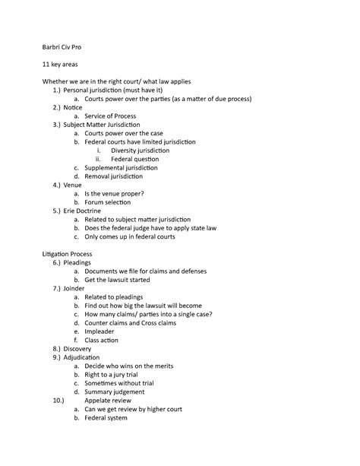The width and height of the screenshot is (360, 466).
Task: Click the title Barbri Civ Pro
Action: click(x=65, y=48)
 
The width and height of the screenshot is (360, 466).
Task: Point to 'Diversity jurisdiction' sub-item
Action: click(x=141, y=150)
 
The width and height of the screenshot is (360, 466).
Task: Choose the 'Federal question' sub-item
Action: click(x=134, y=159)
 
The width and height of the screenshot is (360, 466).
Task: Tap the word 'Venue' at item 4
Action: click(x=72, y=185)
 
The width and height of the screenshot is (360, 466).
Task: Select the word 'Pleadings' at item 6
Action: click(x=77, y=262)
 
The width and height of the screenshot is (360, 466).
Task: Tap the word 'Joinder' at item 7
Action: click(x=74, y=288)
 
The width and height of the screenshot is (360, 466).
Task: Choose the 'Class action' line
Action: click(x=102, y=340)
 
